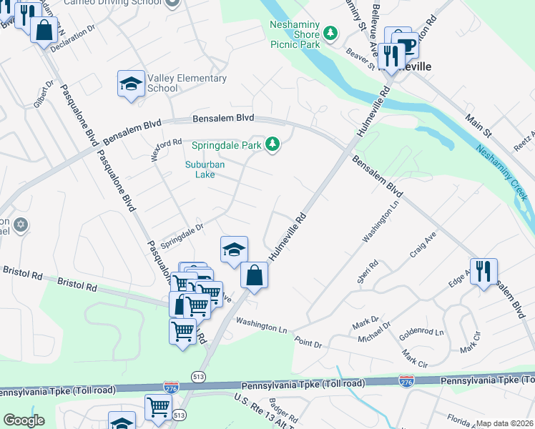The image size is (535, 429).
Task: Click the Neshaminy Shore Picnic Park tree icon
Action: pyautogui.click(x=330, y=33)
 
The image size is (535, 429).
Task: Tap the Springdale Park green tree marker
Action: pyautogui.click(x=272, y=145)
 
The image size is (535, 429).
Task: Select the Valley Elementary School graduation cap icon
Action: pyautogui.click(x=131, y=84)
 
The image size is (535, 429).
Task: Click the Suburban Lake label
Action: pyautogui.click(x=205, y=169)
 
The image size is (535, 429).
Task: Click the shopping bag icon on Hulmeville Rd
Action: pyautogui.click(x=255, y=275)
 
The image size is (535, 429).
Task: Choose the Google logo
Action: pyautogui.click(x=24, y=420)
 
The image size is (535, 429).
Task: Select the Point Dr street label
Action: pyautogui.click(x=308, y=343)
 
